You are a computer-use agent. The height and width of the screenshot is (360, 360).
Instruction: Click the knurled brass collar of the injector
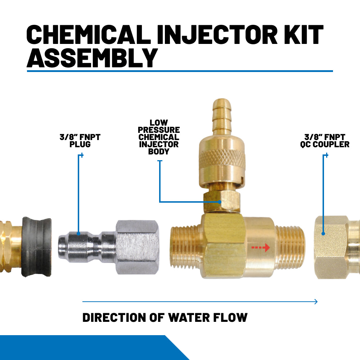click(220, 157)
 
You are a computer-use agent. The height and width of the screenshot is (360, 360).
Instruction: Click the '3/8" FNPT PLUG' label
click(80, 140)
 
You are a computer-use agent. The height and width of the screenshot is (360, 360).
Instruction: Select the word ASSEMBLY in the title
click(92, 58)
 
